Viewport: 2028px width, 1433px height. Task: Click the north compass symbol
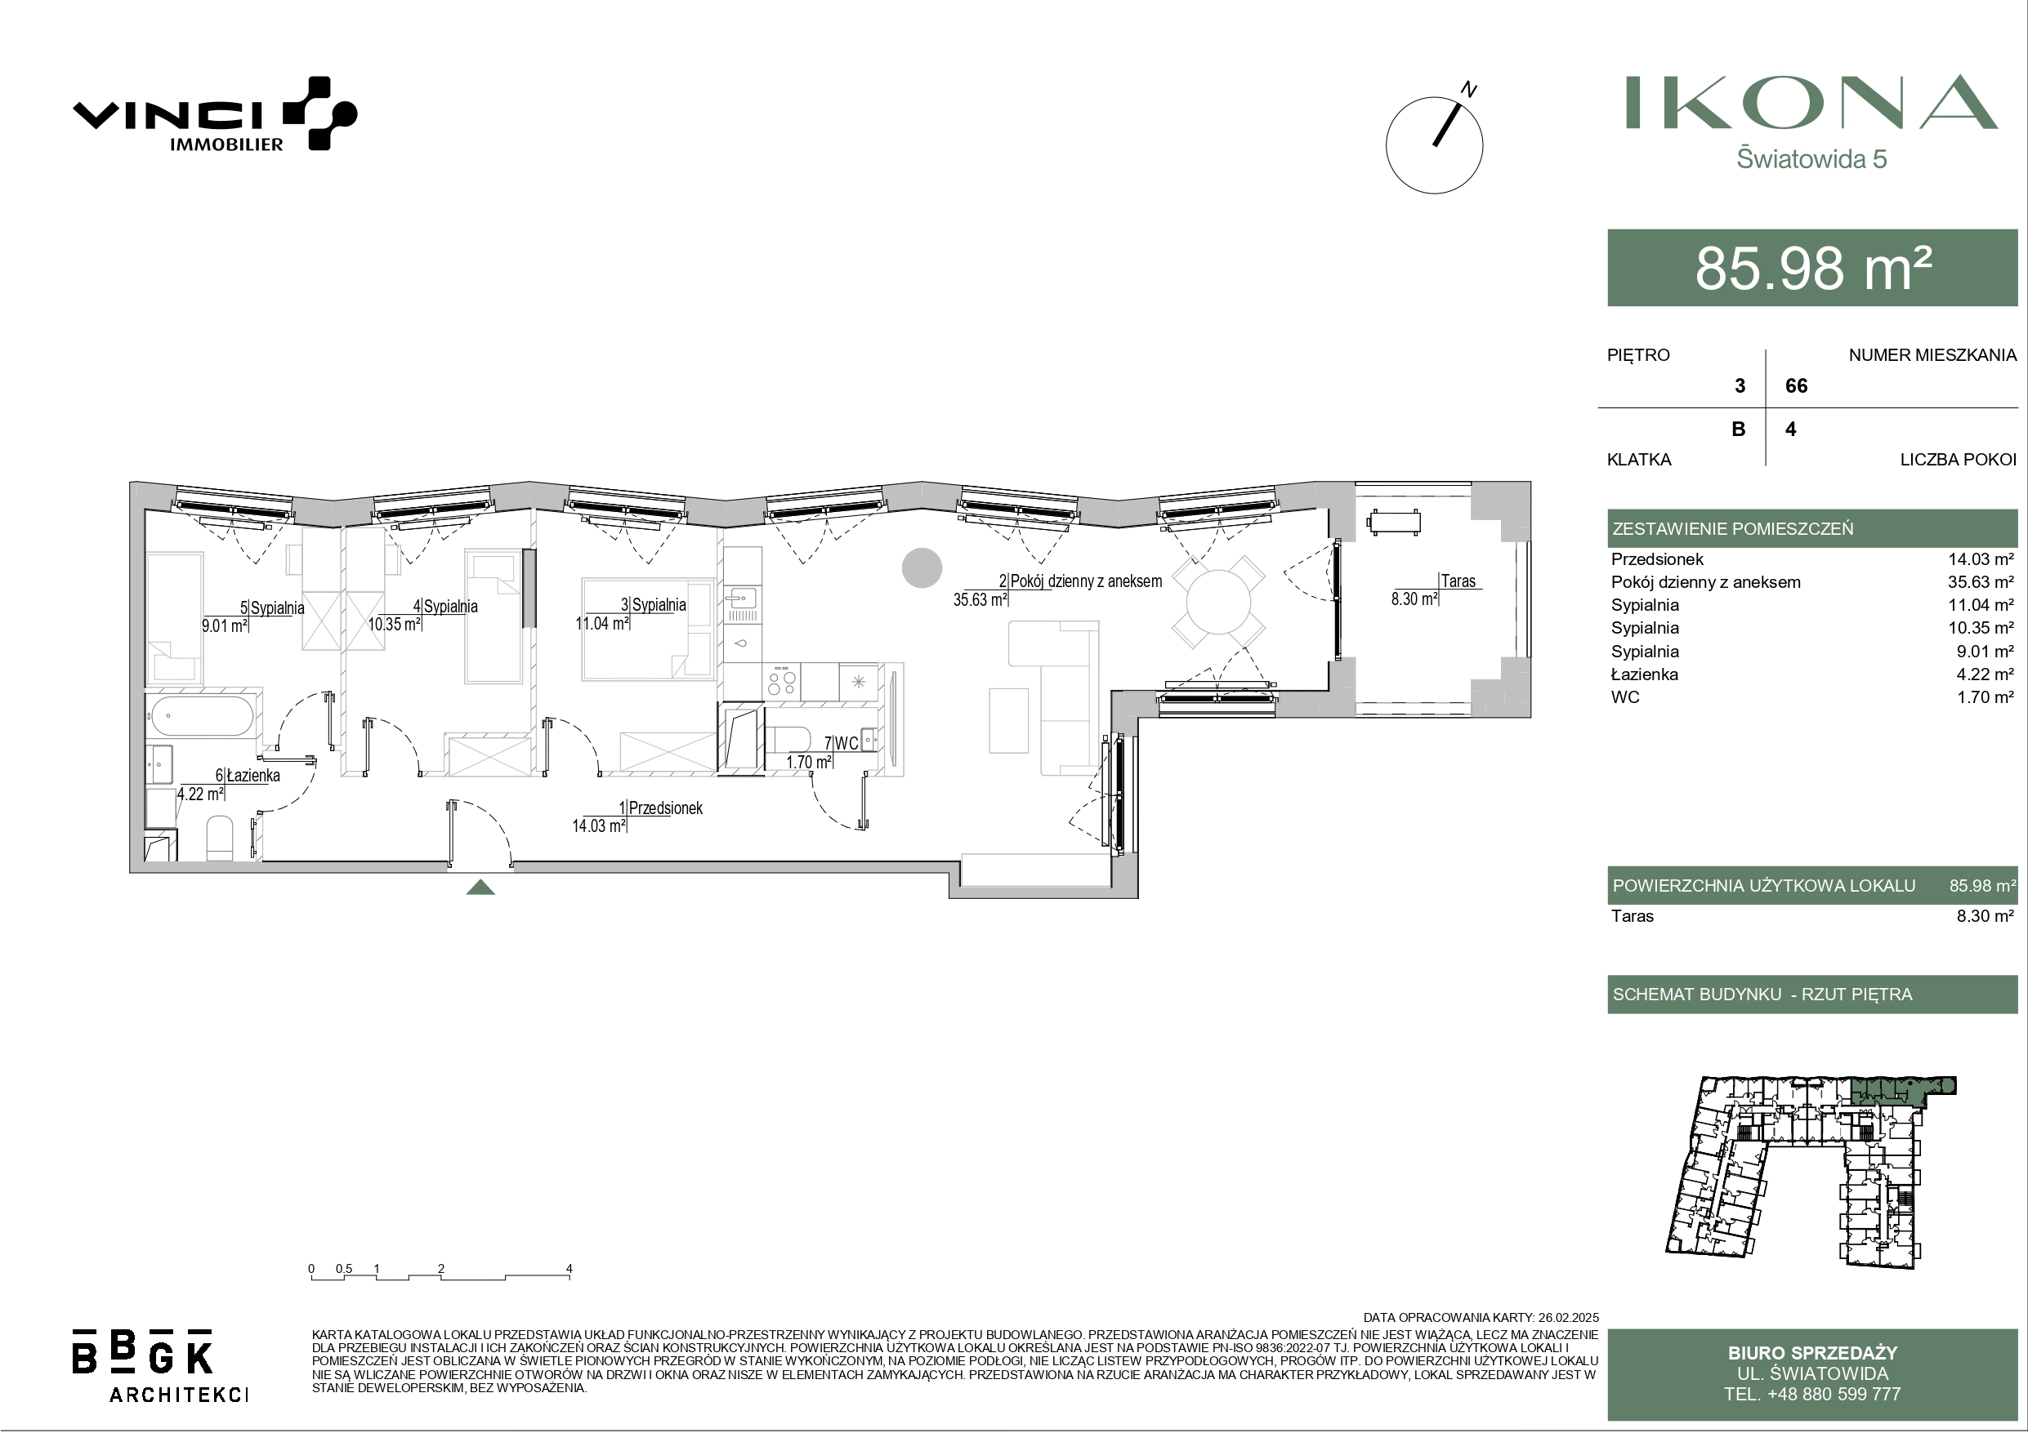click(x=1435, y=144)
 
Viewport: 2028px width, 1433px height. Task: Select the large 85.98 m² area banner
click(x=1812, y=268)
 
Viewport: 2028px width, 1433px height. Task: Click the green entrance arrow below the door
click(x=480, y=888)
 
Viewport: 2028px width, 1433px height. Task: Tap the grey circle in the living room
click(x=921, y=567)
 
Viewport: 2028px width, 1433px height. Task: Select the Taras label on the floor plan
click(x=1458, y=581)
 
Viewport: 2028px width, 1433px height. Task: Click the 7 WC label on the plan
click(x=841, y=743)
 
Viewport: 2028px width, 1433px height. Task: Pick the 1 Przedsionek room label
click(x=661, y=808)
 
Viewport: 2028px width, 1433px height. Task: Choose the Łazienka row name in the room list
click(x=1645, y=674)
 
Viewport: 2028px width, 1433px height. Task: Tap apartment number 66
click(x=1797, y=386)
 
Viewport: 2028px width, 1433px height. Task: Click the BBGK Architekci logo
click(x=160, y=1364)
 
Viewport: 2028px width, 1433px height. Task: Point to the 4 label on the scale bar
click(x=569, y=1269)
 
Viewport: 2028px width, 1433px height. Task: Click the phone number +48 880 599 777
click(x=1812, y=1394)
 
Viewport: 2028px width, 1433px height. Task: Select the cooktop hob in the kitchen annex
click(x=782, y=682)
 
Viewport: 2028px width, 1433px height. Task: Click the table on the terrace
click(x=1394, y=522)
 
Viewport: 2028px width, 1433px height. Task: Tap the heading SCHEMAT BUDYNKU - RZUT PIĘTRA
click(x=1762, y=995)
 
